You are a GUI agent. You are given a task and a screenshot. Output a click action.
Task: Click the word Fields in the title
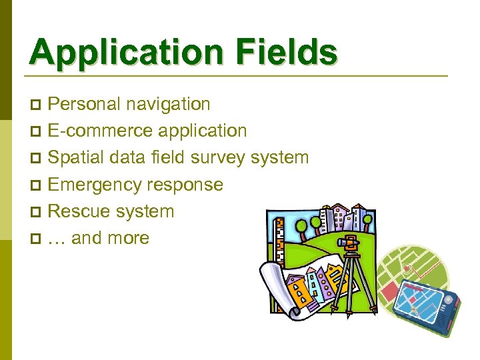pos(290,52)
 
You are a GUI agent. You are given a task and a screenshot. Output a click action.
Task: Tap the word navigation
pos(171,104)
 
